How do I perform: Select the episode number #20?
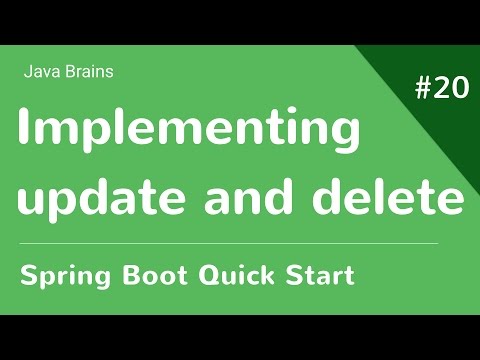(x=441, y=88)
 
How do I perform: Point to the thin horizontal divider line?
(x=230, y=243)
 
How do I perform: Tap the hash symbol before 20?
(x=422, y=88)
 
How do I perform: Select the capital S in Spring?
(x=29, y=275)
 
